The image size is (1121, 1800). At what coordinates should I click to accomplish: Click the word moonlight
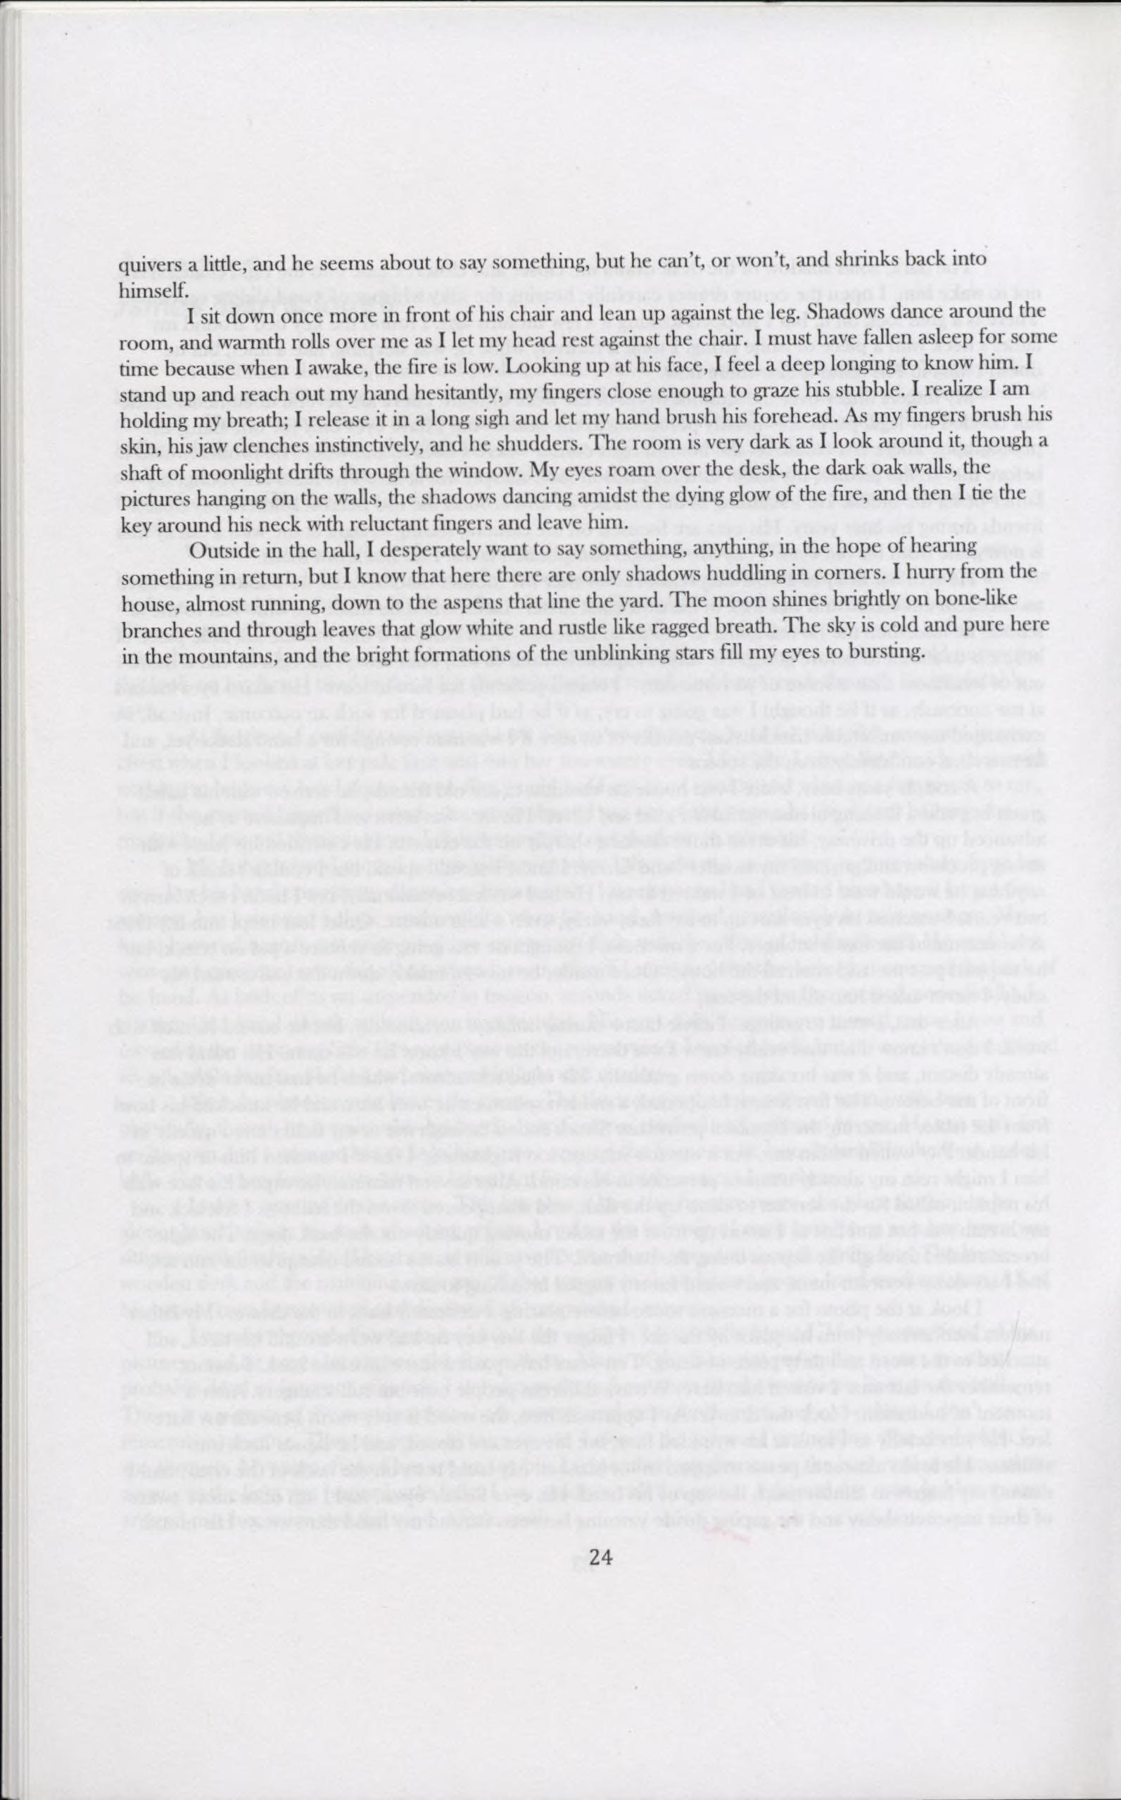(x=226, y=469)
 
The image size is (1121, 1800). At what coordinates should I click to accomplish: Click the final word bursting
(x=887, y=652)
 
